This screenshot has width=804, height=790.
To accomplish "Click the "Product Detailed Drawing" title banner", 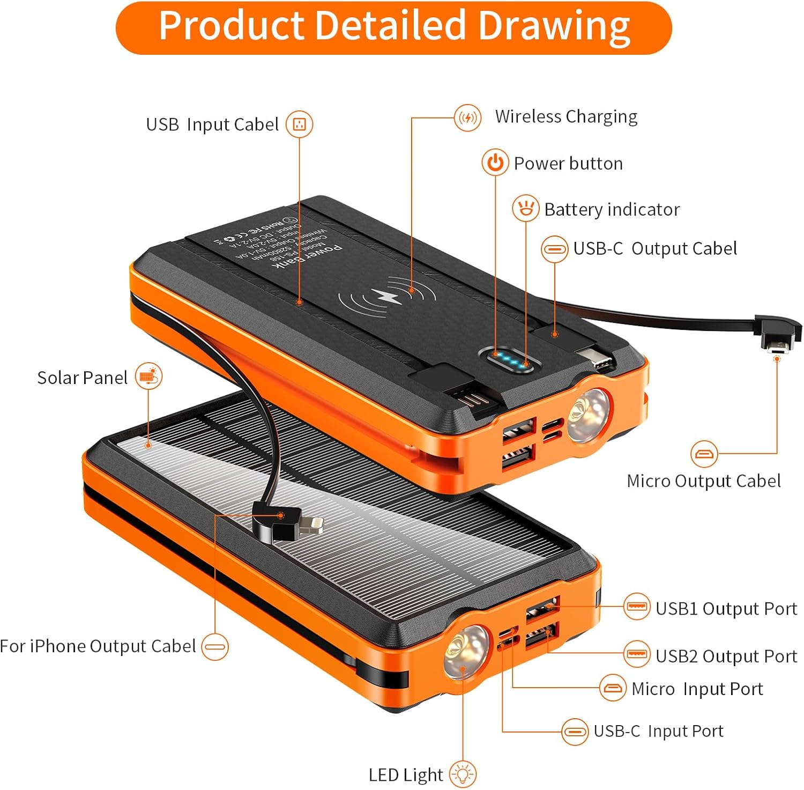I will tap(393, 27).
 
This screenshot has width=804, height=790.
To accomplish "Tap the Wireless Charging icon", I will tap(467, 117).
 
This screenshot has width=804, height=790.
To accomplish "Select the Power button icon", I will tap(495, 163).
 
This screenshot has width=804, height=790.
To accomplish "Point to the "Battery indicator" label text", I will tap(612, 209).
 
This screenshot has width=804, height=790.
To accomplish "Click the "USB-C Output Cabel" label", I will tap(655, 249).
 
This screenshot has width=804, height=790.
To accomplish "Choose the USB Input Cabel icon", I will tap(299, 124).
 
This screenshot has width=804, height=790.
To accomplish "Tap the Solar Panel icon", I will tap(148, 376).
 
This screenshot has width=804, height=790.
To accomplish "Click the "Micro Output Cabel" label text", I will tap(703, 481).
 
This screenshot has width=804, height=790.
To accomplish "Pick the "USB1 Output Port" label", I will tap(726, 609).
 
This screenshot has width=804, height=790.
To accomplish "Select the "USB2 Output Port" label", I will tap(726, 656).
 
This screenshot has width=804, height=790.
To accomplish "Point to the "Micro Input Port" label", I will tap(697, 689).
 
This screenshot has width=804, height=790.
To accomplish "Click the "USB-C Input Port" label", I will tap(658, 731).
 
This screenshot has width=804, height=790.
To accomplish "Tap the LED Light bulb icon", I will tap(463, 774).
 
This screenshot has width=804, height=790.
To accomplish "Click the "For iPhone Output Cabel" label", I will tap(98, 646).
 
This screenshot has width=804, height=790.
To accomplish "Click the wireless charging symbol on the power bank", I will tap(386, 297).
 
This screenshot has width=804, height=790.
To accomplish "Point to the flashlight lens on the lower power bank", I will tap(464, 650).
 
